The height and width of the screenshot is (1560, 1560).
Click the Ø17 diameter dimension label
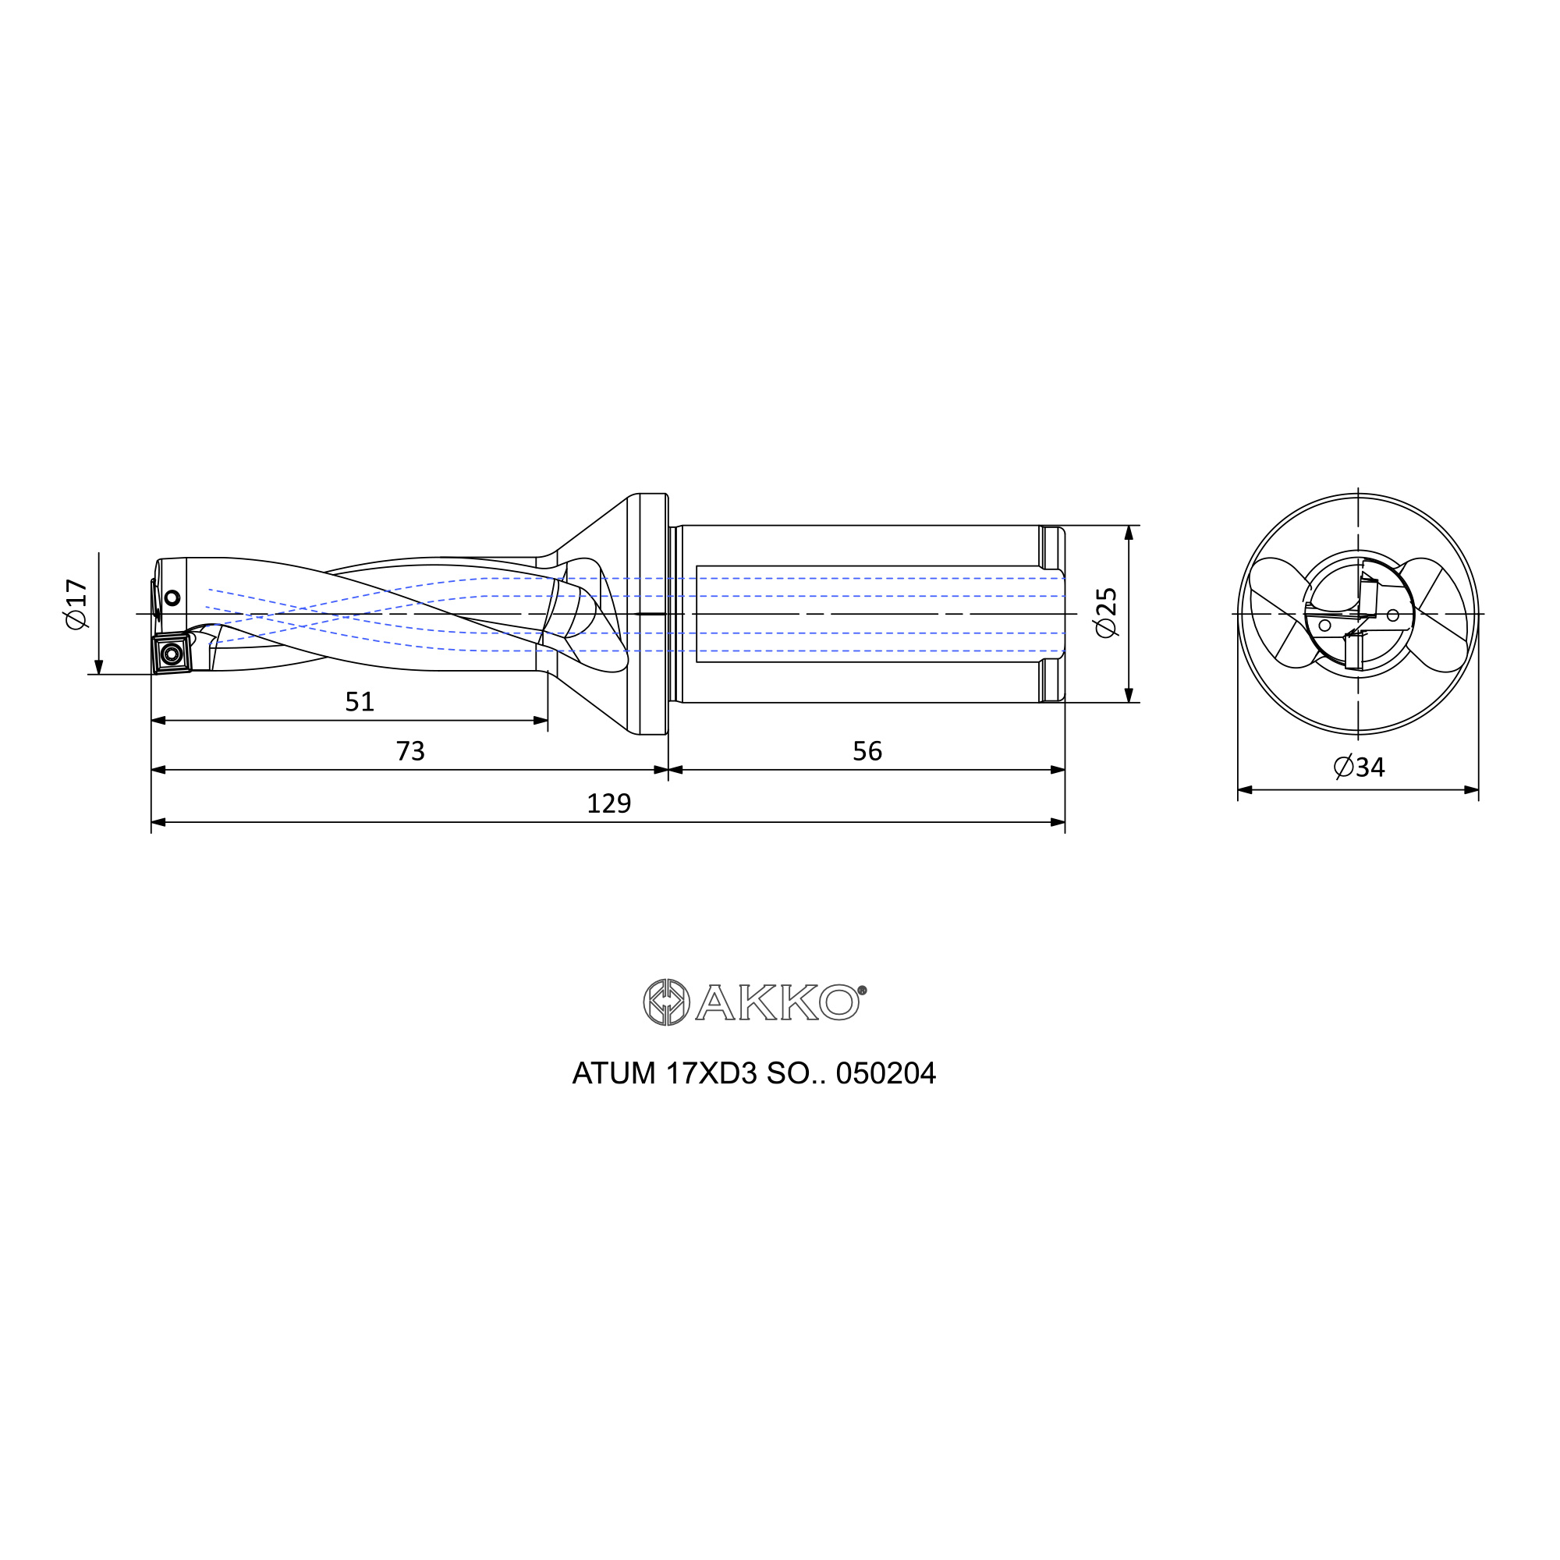pos(76,604)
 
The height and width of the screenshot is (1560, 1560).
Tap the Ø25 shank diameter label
pos(1106,612)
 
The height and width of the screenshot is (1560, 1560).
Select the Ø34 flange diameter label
pos(1359,766)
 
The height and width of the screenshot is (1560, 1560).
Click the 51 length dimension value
pos(360,701)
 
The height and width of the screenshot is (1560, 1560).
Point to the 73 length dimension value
pos(410,751)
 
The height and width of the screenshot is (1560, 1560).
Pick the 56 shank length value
pos(867,751)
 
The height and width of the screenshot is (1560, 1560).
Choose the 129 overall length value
pos(609,803)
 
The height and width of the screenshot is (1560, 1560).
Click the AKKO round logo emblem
pos(666,1002)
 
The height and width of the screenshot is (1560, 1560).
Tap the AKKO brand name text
pos(781,1003)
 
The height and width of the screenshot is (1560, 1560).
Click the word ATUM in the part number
pos(614,1073)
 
